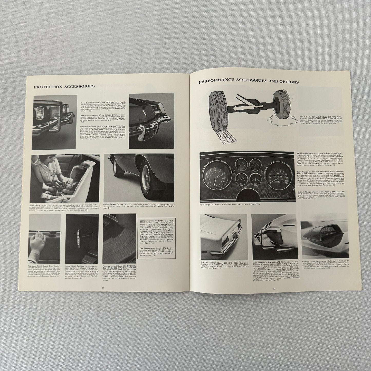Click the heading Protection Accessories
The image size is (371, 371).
pyautogui.click(x=64, y=86)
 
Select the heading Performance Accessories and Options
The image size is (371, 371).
pyautogui.click(x=249, y=82)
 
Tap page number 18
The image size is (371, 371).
pyautogui.click(x=103, y=288)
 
